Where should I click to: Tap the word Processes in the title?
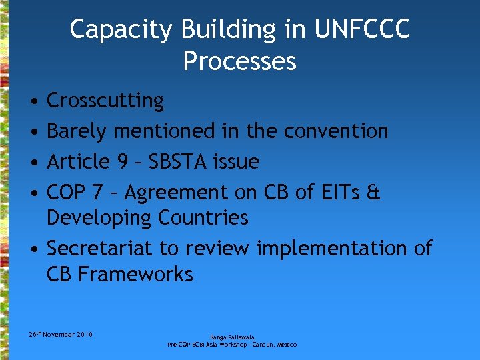point(239,61)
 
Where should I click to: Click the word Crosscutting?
point(105,101)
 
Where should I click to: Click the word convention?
point(336,131)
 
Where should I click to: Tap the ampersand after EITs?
point(373,193)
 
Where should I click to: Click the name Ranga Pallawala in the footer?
point(232,337)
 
